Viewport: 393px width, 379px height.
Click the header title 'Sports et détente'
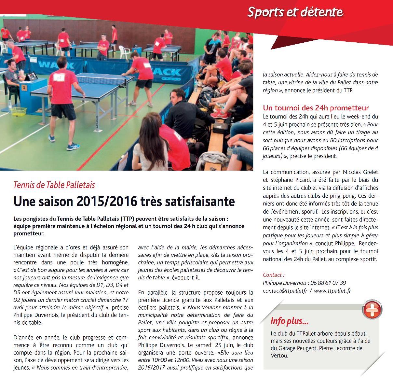(295, 12)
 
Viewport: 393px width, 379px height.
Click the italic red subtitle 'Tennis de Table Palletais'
(54, 185)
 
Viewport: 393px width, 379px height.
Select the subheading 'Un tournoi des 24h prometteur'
(316, 108)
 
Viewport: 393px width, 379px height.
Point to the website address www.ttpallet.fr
(333, 290)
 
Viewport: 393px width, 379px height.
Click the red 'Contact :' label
(274, 275)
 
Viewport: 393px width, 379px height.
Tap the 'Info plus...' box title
(290, 321)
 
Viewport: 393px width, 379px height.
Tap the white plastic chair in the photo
(125, 52)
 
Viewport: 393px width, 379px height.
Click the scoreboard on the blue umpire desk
(32, 77)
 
